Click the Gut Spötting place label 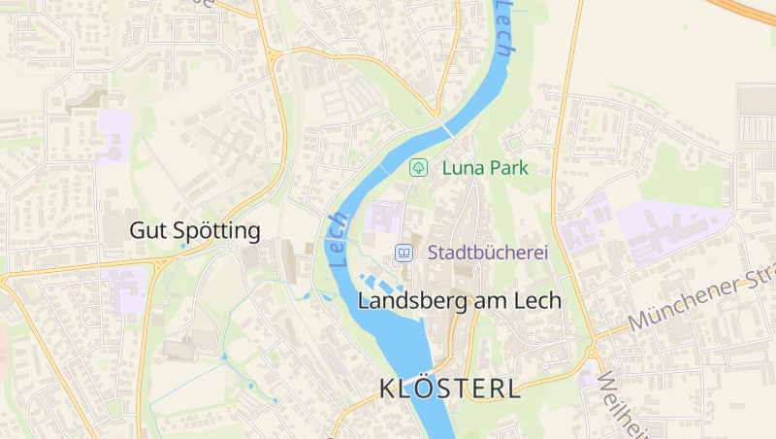coord(195,231)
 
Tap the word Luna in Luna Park coord(462,168)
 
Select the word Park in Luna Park coord(508,168)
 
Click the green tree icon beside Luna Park coord(418,167)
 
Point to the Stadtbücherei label coord(482,253)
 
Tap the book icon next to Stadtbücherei coord(404,253)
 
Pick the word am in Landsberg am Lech coord(488,301)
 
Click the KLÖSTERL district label coord(449,388)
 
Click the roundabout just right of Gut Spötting coord(231,247)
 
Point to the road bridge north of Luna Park coord(446,127)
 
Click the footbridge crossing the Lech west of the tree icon coord(383,169)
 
